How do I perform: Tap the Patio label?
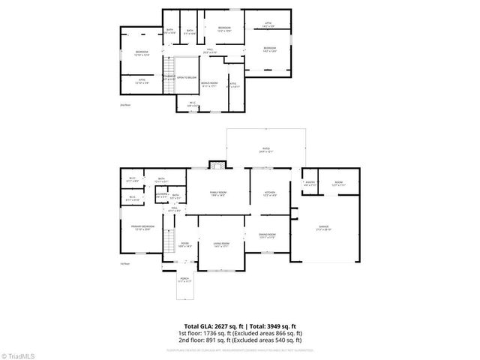[266, 149]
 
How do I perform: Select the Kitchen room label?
[271, 193]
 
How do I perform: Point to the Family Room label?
[218, 193]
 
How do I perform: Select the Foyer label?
[184, 244]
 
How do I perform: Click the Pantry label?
[310, 183]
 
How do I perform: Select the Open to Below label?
[187, 77]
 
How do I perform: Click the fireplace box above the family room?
[217, 165]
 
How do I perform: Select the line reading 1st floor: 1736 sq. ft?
[239, 332]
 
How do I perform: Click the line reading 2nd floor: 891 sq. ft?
[239, 339]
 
